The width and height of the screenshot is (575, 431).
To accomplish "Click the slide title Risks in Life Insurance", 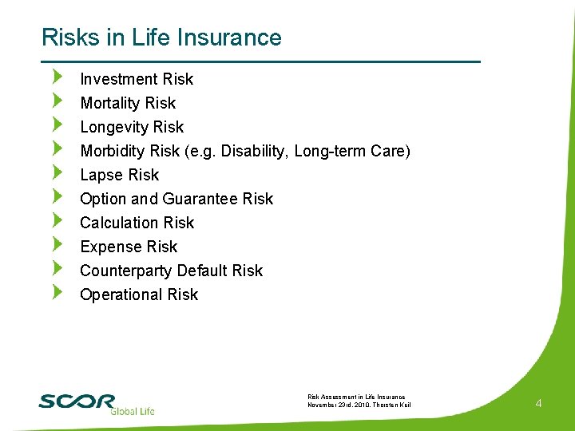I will pyautogui.click(x=161, y=38).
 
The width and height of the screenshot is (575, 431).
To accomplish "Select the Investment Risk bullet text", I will pyautogui.click(x=137, y=79).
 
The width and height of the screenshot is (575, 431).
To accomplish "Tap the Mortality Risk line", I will pyautogui.click(x=128, y=103).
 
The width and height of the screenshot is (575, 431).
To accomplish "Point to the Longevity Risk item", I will pyautogui.click(x=132, y=127).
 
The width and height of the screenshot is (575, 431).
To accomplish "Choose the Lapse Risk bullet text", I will pyautogui.click(x=120, y=175).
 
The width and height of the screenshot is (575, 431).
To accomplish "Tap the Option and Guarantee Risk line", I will pyautogui.click(x=176, y=199).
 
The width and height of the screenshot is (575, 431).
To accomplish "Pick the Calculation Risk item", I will pyautogui.click(x=137, y=223).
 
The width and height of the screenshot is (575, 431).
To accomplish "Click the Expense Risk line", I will pyautogui.click(x=129, y=247).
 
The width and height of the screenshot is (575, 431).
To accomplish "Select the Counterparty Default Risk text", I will pyautogui.click(x=171, y=271).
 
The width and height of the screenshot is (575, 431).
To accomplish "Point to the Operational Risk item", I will pyautogui.click(x=139, y=295).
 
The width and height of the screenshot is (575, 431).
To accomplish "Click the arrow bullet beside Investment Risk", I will pyautogui.click(x=56, y=77).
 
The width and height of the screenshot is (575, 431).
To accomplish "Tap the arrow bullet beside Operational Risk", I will pyautogui.click(x=56, y=293).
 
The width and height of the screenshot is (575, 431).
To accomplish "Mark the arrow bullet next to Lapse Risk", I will pyautogui.click(x=56, y=173).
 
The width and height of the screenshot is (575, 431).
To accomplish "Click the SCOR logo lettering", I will pyautogui.click(x=77, y=401).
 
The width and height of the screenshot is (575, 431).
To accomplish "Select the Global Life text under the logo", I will pyautogui.click(x=132, y=411).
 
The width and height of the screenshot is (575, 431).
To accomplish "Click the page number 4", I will pyautogui.click(x=538, y=404).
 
